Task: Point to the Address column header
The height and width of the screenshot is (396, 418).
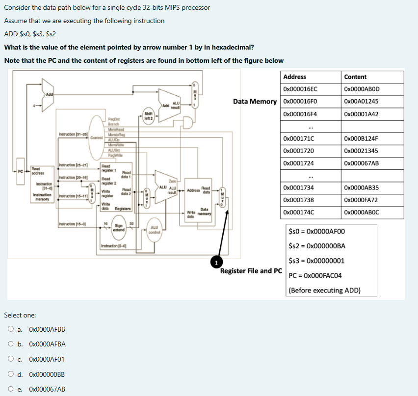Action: click(x=294, y=77)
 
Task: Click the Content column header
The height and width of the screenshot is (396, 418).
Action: click(x=355, y=77)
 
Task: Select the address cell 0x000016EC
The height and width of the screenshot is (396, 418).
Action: click(x=300, y=89)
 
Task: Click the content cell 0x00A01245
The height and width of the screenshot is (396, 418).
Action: click(x=362, y=102)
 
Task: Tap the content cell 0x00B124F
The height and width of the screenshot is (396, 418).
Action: click(x=361, y=138)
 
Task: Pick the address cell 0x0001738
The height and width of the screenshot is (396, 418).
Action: click(x=298, y=200)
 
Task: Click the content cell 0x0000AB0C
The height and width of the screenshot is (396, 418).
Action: click(x=362, y=212)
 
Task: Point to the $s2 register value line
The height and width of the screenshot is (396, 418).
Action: click(x=317, y=246)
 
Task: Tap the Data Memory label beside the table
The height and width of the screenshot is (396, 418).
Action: click(x=255, y=102)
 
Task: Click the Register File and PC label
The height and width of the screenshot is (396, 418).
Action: click(x=251, y=271)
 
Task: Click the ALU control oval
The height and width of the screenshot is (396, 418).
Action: click(x=154, y=229)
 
